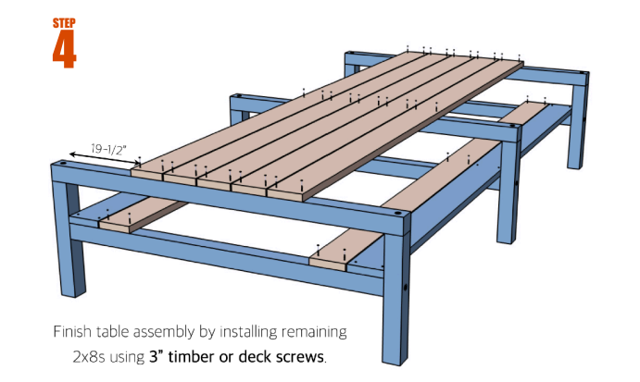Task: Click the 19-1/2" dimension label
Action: (109, 146)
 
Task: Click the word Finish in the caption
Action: (72, 330)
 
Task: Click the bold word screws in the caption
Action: (301, 357)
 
